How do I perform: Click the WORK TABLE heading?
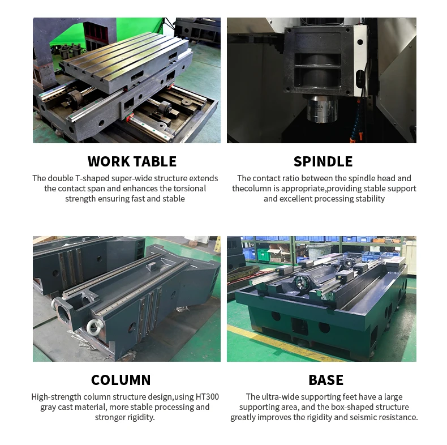coord(132,161)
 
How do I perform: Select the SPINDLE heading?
coord(323,161)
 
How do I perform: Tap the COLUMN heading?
coord(121,380)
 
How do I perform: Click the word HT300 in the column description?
coord(206,397)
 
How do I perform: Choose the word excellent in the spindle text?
coord(300,199)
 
